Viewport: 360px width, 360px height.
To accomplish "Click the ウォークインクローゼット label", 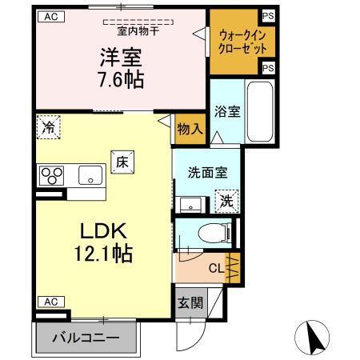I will point(236,40).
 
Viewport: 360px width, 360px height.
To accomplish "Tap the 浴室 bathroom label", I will point(225,113).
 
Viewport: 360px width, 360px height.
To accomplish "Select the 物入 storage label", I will point(189,129).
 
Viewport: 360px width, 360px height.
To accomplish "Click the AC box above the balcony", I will point(50,302).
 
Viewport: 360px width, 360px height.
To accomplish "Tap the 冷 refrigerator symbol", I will point(49,127).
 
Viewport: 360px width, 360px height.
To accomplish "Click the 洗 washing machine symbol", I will point(226,201).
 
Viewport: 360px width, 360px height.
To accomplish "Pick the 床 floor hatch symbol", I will point(123,161).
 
